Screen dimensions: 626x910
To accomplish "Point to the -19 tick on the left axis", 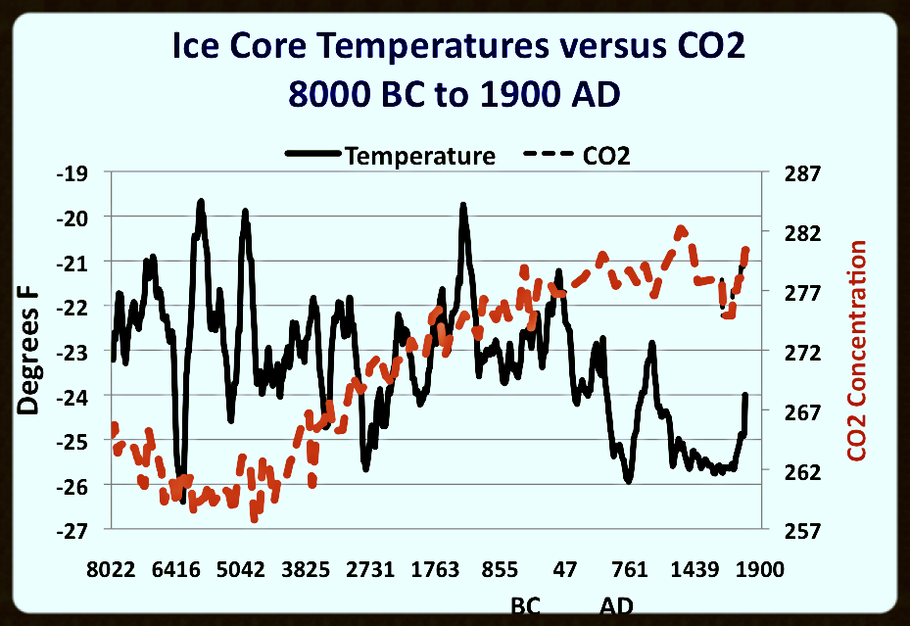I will click(82, 173).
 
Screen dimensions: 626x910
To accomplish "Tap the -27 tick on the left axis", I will click(82, 530).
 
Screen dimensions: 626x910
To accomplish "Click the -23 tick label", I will click(82, 352).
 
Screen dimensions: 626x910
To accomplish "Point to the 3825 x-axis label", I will click(306, 571).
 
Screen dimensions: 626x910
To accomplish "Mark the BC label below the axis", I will click(526, 605).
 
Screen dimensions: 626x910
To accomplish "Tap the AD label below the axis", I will click(616, 605).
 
